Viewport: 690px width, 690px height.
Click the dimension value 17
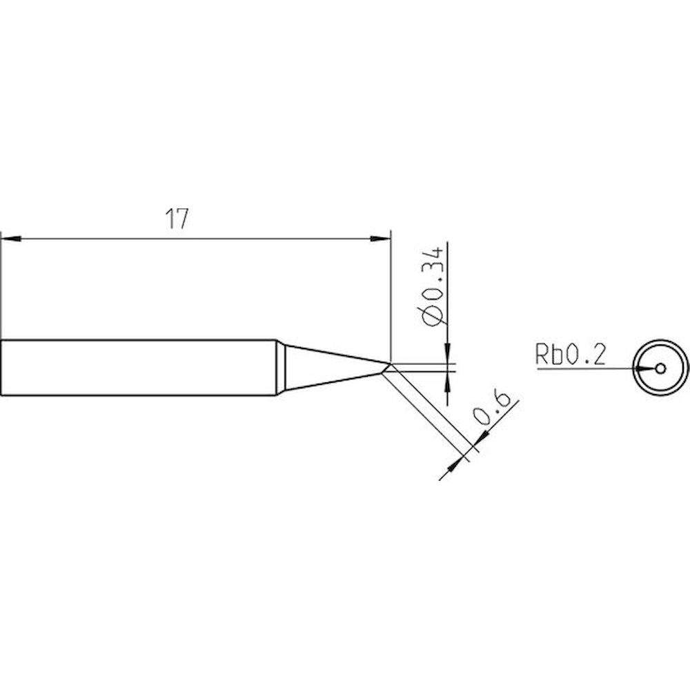point(177,219)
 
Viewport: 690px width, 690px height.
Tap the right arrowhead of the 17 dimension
point(380,239)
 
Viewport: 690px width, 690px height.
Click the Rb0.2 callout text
point(570,355)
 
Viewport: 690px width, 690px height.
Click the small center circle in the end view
point(660,368)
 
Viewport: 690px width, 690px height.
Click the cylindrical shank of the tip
point(138,368)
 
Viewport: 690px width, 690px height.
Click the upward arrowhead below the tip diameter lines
point(448,381)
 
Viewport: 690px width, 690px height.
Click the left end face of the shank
point(1,368)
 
